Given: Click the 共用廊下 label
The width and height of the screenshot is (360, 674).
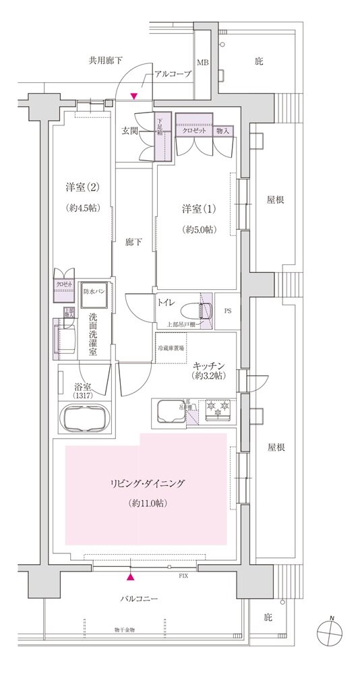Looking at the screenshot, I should coord(105,60).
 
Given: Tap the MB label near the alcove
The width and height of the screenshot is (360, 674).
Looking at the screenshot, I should coord(202,63).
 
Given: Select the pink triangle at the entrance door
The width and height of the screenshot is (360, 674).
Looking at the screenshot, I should coord(134,96).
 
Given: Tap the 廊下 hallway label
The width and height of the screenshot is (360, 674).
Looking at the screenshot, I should coord(133,242).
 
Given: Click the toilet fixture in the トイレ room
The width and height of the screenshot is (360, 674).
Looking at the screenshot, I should coord(205,309).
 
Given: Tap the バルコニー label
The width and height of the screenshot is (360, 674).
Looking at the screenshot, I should coord(140,598).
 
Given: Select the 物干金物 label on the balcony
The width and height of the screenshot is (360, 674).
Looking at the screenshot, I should coord(124,630).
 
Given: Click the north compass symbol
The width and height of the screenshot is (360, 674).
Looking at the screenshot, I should coord(332,632).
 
